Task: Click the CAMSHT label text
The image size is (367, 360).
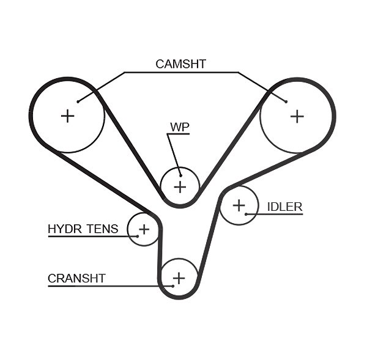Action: tap(180, 64)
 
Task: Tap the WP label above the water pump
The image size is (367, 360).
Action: tap(180, 127)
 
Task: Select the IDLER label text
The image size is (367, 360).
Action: tap(285, 207)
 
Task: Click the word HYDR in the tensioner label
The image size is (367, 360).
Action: tap(65, 229)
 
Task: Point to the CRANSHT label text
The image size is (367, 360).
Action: tap(76, 278)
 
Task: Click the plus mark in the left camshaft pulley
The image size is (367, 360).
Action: tap(68, 116)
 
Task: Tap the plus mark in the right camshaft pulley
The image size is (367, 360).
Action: tap(297, 116)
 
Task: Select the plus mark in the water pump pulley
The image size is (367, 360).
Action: tap(180, 187)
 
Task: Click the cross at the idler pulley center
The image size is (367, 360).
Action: tap(239, 205)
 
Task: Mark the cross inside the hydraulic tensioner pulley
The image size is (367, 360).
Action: tap(144, 229)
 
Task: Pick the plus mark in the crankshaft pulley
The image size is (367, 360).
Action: tap(179, 278)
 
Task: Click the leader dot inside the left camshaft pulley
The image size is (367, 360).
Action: tap(78, 101)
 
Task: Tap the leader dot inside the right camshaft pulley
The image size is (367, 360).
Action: tap(286, 101)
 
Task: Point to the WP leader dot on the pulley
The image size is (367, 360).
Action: tap(180, 175)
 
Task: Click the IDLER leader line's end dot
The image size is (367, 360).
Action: tap(247, 214)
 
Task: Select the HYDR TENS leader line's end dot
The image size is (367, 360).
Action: tap(138, 237)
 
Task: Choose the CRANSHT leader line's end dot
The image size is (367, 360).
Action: tap(172, 286)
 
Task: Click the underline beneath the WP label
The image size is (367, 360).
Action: tap(178, 134)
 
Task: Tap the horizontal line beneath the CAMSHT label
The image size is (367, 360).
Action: tap(181, 73)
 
